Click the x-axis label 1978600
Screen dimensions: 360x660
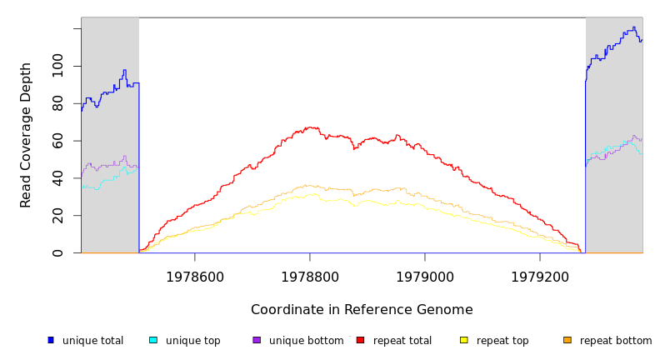pyautogui.click(x=195, y=277)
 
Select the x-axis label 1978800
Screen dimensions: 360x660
pyautogui.click(x=310, y=277)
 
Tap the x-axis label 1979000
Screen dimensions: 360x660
pyautogui.click(x=425, y=277)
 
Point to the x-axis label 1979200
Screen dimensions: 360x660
pyautogui.click(x=540, y=277)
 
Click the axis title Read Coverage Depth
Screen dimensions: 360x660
pyautogui.click(x=26, y=135)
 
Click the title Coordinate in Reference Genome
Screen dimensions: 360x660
pyautogui.click(x=362, y=310)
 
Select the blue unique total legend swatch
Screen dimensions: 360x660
pyautogui.click(x=51, y=340)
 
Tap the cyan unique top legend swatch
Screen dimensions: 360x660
pyautogui.click(x=153, y=340)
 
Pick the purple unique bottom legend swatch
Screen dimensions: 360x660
pyautogui.click(x=257, y=340)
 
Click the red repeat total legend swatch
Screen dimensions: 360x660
pyautogui.click(x=360, y=340)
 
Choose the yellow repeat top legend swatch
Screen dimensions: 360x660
pyautogui.click(x=463, y=340)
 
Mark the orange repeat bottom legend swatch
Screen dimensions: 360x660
pyautogui.click(x=567, y=340)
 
